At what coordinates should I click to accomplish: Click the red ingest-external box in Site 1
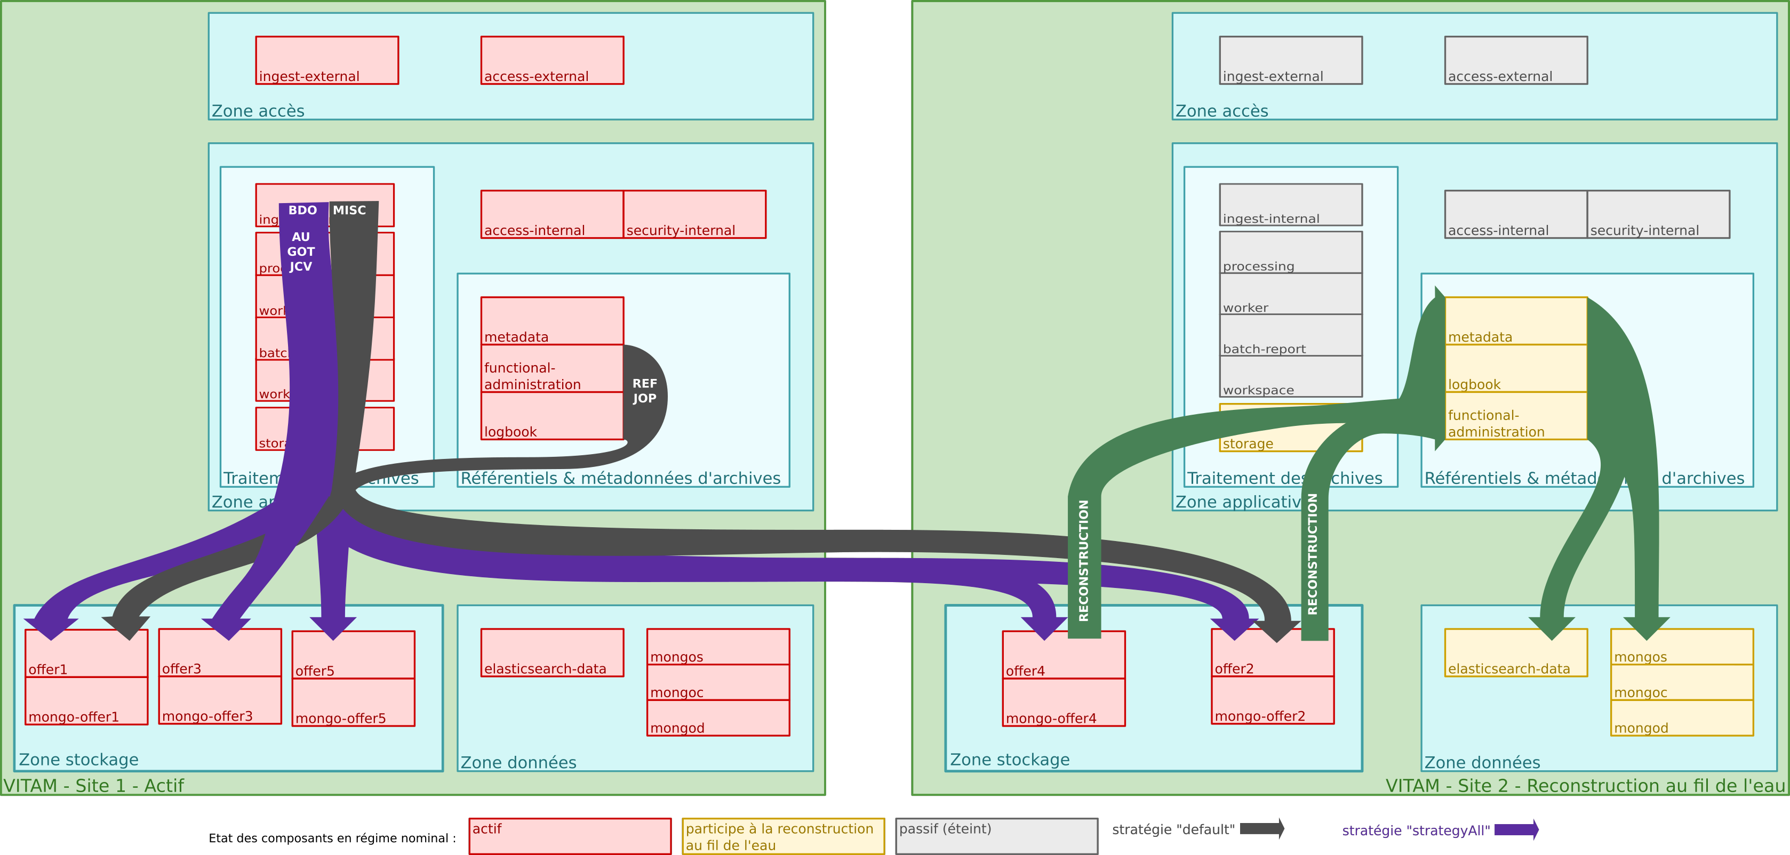click(x=326, y=60)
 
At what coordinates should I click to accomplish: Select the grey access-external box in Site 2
click(x=1515, y=60)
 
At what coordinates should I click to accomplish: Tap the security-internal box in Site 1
click(x=694, y=215)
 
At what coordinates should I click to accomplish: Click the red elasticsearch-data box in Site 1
click(x=552, y=653)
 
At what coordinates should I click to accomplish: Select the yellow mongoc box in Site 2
click(x=1682, y=683)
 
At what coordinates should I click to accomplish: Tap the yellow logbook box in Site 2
click(x=1515, y=369)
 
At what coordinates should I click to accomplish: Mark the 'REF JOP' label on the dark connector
click(x=644, y=391)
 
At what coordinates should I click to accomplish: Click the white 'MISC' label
click(x=349, y=210)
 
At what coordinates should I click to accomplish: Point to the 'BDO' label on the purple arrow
click(x=302, y=210)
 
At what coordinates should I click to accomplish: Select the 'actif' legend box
click(x=570, y=836)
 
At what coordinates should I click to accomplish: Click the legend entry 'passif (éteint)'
click(x=996, y=836)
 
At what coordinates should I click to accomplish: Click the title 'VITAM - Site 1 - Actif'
click(x=94, y=786)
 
